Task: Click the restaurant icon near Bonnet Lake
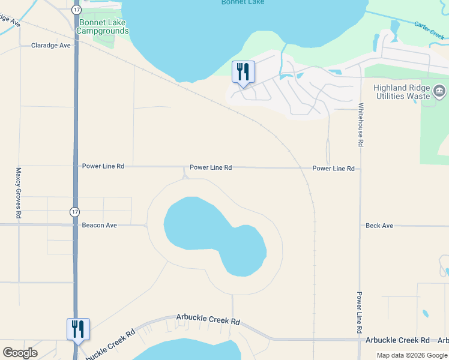(243, 72)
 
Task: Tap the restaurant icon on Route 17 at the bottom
(78, 329)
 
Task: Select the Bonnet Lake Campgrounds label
(103, 26)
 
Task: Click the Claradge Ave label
(51, 45)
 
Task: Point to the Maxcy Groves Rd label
(19, 193)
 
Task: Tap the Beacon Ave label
(99, 226)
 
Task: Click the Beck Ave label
(379, 226)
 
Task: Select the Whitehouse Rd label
(361, 125)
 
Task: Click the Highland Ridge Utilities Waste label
(402, 92)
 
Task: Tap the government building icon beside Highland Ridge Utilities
(439, 92)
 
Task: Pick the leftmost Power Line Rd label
(103, 166)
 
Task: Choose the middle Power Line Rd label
(211, 168)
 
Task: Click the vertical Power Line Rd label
(360, 313)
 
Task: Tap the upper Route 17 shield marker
(76, 10)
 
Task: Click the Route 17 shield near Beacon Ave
(74, 211)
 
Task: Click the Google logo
(20, 353)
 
